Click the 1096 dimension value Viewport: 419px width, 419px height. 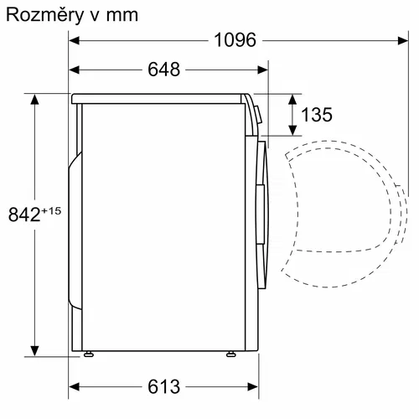click(x=234, y=40)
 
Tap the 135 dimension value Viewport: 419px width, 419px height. click(x=316, y=115)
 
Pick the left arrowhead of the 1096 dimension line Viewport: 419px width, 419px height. click(x=74, y=40)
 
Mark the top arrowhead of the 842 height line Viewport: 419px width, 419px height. click(x=35, y=99)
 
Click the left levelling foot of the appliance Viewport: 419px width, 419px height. click(x=88, y=354)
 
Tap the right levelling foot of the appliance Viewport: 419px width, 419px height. click(x=229, y=354)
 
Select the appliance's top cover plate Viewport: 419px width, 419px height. click(x=159, y=98)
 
